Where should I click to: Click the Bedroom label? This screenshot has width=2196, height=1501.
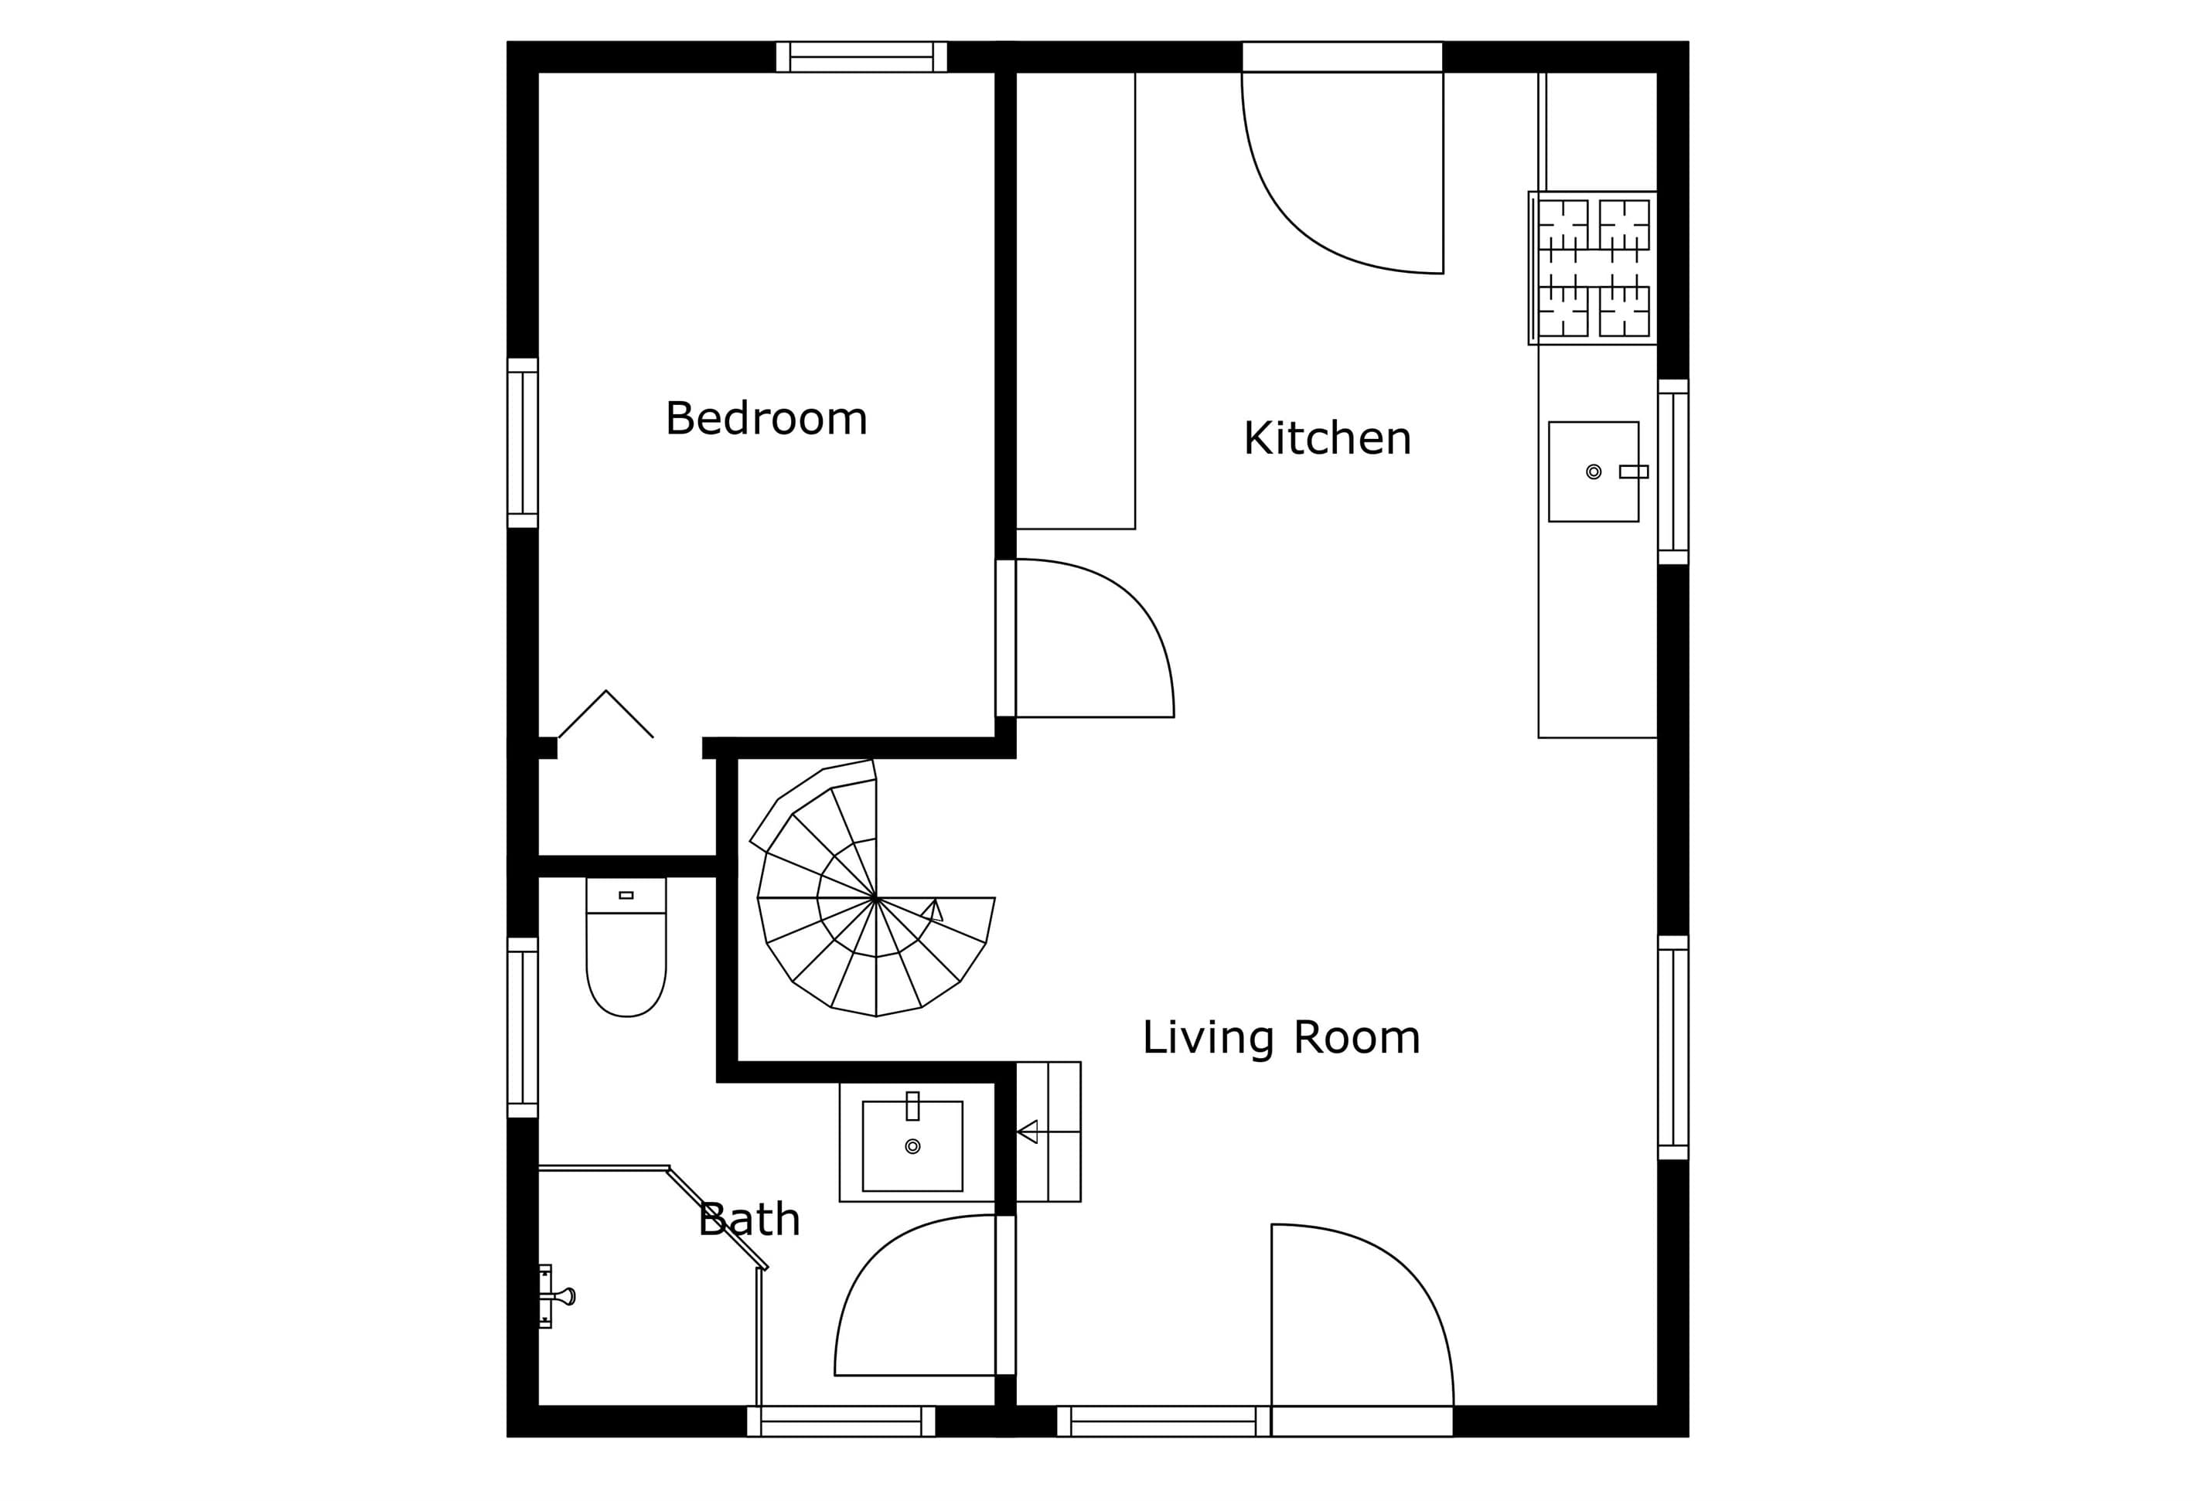(x=766, y=418)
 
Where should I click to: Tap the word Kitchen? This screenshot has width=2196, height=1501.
(x=1327, y=438)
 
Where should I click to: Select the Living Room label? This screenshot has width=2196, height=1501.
(x=1281, y=1038)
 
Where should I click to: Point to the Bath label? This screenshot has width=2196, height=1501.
(x=749, y=1220)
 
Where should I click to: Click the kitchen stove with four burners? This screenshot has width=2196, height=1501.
(x=1593, y=268)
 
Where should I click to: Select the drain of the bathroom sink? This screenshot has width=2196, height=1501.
(x=912, y=1147)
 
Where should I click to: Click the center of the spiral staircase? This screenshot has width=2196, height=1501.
(x=876, y=897)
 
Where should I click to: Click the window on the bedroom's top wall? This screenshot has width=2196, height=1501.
(x=861, y=56)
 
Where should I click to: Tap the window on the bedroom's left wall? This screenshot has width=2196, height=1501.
(x=523, y=443)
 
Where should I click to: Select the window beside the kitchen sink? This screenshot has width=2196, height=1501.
(x=1673, y=472)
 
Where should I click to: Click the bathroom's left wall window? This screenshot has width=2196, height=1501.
(x=523, y=1028)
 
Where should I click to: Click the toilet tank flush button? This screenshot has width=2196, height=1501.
(x=626, y=894)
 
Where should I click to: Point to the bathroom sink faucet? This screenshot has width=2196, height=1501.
(x=912, y=1106)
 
